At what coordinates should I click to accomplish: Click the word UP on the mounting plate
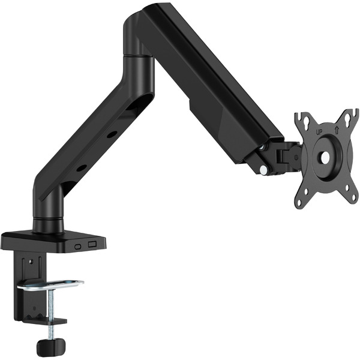[x=319, y=132]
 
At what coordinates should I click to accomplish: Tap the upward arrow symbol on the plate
[x=337, y=130]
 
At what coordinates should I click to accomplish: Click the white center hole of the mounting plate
[x=325, y=157]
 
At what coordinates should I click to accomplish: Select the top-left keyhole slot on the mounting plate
[x=307, y=121]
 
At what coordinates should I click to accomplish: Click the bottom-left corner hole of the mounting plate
[x=299, y=203]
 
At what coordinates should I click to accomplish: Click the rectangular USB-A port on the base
[x=92, y=244]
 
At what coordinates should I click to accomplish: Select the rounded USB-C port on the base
[x=78, y=247]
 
